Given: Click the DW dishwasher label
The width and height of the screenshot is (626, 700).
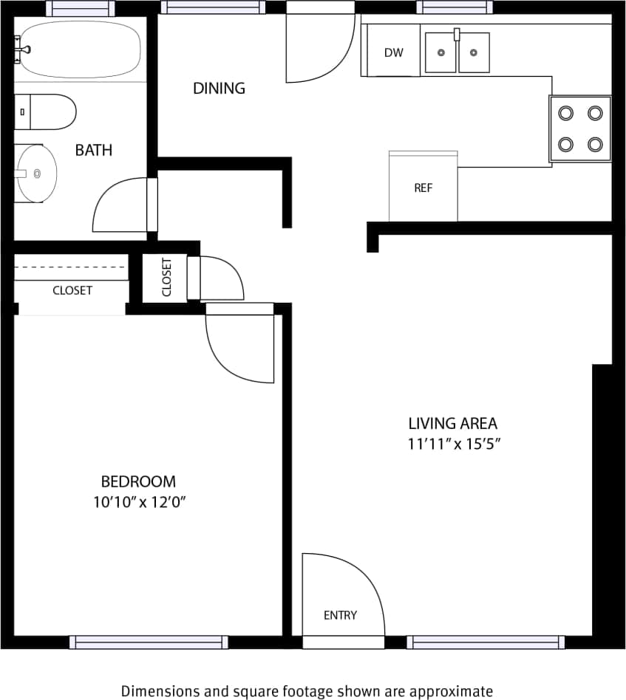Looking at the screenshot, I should [393, 52].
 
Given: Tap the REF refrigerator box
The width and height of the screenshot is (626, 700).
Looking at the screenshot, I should [423, 188].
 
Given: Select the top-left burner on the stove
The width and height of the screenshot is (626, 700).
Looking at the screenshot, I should [565, 113].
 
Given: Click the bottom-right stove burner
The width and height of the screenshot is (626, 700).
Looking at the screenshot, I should [595, 144].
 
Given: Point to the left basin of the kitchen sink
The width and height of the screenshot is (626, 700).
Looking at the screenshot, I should [441, 53].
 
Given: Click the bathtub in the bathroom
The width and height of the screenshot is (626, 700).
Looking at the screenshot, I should [80, 49].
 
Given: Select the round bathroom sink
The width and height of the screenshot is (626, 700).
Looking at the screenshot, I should [37, 174].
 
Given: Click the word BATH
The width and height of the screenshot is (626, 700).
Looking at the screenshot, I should [94, 151].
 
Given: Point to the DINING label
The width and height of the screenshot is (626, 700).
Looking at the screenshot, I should [219, 89].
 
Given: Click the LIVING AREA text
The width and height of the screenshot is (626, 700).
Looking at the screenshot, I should [452, 424].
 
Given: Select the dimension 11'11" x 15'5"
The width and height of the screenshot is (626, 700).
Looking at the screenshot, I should [452, 445].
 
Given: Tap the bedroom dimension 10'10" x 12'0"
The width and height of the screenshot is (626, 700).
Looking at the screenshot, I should [138, 502].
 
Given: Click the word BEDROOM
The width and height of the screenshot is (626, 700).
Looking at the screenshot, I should [138, 482].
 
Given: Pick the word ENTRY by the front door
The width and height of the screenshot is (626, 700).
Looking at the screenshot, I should [340, 615].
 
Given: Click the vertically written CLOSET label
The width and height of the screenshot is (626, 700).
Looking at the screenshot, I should [166, 277].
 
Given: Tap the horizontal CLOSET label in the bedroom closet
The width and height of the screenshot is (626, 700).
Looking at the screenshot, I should [72, 291].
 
